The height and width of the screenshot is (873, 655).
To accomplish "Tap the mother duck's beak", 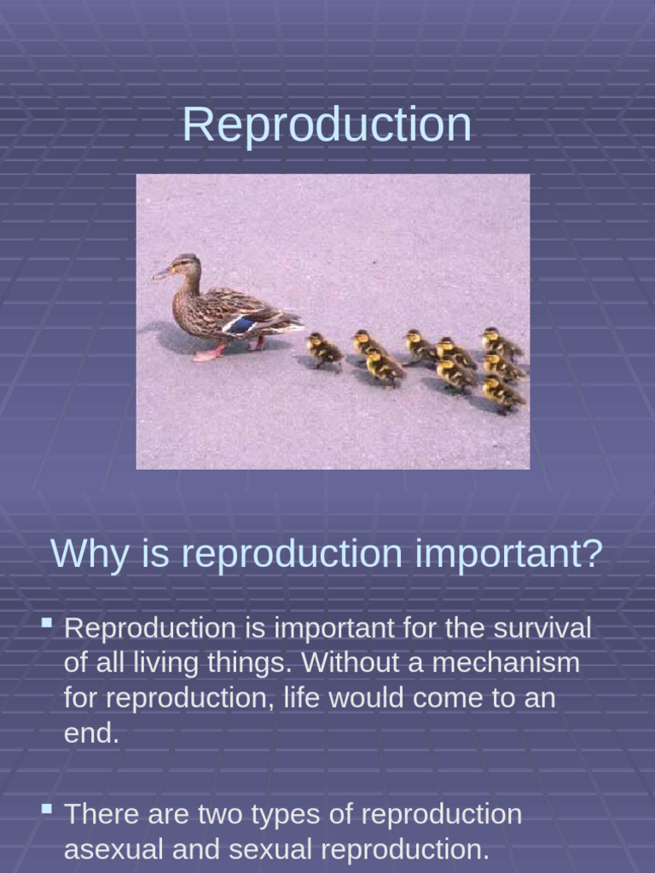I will [x=161, y=274].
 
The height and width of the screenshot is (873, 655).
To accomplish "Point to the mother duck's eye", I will [x=181, y=265].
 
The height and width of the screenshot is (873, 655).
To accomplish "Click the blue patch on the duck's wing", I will [x=241, y=325].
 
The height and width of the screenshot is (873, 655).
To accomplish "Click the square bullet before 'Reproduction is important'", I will [x=48, y=624].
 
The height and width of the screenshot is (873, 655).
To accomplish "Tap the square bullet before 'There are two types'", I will [x=48, y=808].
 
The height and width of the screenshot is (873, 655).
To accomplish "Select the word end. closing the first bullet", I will [x=91, y=733].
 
